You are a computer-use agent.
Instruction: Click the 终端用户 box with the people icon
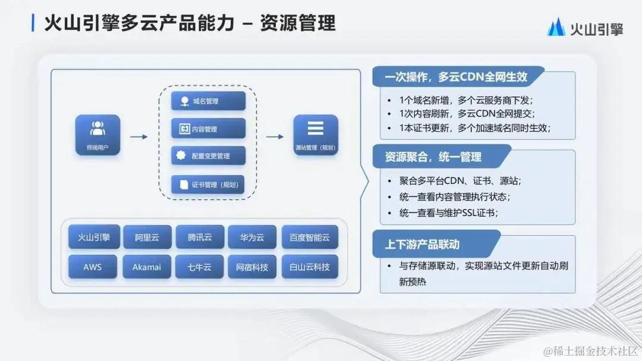(x=97, y=135)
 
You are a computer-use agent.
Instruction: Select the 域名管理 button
(x=208, y=101)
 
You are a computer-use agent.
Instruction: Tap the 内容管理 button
(x=208, y=129)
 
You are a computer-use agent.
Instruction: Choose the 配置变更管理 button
(x=208, y=156)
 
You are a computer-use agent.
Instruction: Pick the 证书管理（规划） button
(x=208, y=185)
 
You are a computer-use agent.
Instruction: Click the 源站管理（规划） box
(x=315, y=135)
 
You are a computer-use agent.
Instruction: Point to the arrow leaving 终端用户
(x=139, y=137)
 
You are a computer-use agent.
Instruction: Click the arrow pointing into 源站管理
(x=275, y=137)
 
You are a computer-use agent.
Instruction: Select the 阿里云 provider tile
(x=147, y=237)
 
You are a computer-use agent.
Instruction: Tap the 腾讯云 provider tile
(x=200, y=237)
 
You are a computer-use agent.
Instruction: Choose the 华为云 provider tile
(x=252, y=237)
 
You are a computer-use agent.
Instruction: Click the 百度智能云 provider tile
(x=310, y=237)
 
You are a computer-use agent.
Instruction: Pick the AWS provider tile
(x=93, y=267)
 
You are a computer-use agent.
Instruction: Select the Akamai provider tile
(x=147, y=267)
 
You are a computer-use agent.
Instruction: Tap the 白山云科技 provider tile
(x=310, y=267)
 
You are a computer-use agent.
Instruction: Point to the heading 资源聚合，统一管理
(x=434, y=157)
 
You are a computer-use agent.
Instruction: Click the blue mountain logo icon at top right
(x=556, y=28)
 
